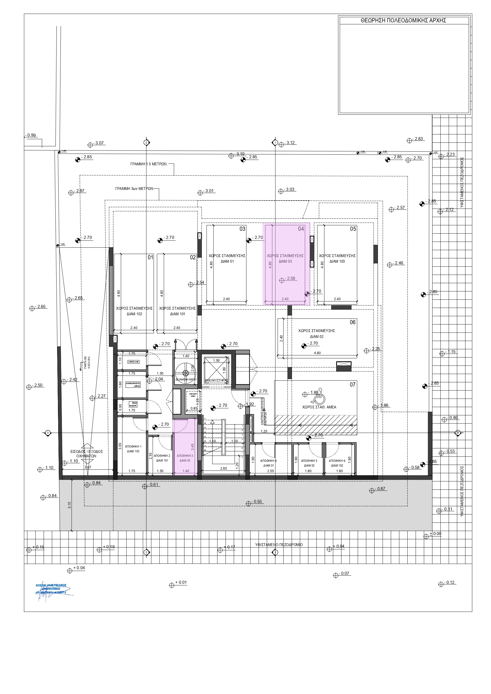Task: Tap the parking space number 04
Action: click(x=301, y=229)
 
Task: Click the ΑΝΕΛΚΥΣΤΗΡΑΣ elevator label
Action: click(x=216, y=380)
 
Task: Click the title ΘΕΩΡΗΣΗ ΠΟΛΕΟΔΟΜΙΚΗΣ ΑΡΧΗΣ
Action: click(x=403, y=20)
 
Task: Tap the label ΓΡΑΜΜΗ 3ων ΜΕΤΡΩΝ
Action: click(x=134, y=189)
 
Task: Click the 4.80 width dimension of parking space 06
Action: click(x=317, y=353)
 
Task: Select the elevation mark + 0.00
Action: click(x=435, y=533)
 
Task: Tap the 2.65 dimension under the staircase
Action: click(x=223, y=468)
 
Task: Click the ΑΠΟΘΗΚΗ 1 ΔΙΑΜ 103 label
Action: click(x=133, y=449)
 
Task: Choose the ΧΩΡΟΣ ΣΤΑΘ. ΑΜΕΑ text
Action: click(x=319, y=407)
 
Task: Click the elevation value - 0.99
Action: click(x=31, y=135)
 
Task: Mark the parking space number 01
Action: click(x=150, y=257)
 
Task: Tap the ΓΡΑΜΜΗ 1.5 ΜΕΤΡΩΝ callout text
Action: click(x=149, y=164)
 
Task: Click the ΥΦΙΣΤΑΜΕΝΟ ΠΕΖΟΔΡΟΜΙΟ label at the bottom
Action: click(x=279, y=545)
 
